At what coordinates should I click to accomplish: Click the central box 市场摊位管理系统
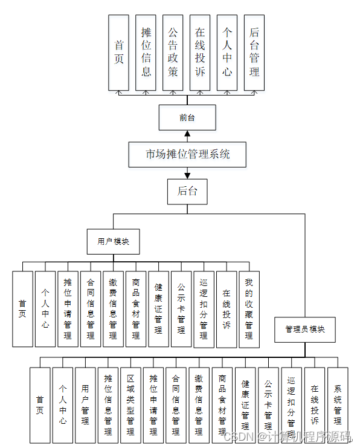pyautogui.click(x=187, y=154)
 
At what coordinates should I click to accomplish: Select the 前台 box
pyautogui.click(x=187, y=117)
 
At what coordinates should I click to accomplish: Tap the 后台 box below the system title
pyautogui.click(x=187, y=192)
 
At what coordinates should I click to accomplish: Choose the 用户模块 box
pyautogui.click(x=114, y=241)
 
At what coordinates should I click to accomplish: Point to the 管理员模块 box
pyautogui.click(x=305, y=330)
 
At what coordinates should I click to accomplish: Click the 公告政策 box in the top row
pyautogui.click(x=173, y=53)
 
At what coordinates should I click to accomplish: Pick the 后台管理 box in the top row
pyautogui.click(x=254, y=53)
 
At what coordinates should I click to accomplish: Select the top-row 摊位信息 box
pyautogui.click(x=146, y=53)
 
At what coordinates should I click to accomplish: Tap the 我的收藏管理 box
pyautogui.click(x=249, y=310)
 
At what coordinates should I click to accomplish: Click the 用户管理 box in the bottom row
pyautogui.click(x=85, y=405)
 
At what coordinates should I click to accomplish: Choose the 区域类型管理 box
pyautogui.click(x=130, y=405)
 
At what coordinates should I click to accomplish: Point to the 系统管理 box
pyautogui.click(x=338, y=405)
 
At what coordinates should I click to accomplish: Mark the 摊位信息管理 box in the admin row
pyautogui.click(x=108, y=405)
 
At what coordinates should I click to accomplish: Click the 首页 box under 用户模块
pyautogui.click(x=22, y=309)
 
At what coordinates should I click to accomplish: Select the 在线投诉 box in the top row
pyautogui.click(x=200, y=53)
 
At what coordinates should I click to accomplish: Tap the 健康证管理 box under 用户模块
pyautogui.click(x=158, y=309)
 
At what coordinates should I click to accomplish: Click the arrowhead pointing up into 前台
pyautogui.click(x=187, y=134)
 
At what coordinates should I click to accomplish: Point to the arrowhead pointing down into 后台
pyautogui.click(x=187, y=176)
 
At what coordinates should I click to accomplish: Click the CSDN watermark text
pyautogui.click(x=288, y=437)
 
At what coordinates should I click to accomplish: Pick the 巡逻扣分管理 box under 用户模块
pyautogui.click(x=204, y=310)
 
